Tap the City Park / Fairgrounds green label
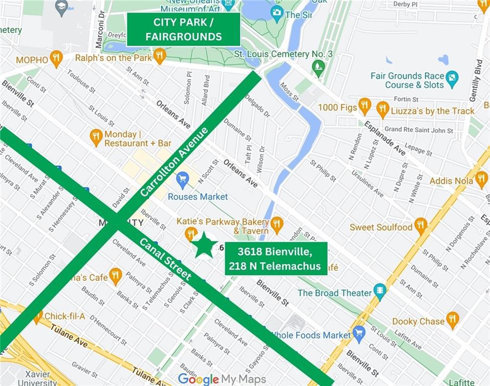183,30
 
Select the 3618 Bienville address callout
276,258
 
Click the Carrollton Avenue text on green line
174,162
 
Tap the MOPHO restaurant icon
56,59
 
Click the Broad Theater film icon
380,291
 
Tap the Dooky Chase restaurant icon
452,320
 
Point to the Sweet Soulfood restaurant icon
421,226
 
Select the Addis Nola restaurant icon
481,179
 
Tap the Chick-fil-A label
65,316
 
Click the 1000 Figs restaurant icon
364,107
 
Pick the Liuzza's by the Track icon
383,109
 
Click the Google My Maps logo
221,378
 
